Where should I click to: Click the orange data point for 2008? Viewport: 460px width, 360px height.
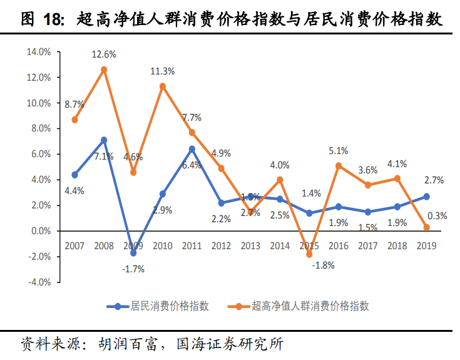click(104, 69)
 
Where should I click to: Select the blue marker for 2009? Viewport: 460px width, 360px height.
click(133, 253)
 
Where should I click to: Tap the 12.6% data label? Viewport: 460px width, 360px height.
click(104, 54)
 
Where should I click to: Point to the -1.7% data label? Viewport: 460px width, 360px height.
click(133, 269)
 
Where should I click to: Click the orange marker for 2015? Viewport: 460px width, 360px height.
click(309, 254)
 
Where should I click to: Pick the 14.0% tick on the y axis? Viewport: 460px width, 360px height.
click(39, 52)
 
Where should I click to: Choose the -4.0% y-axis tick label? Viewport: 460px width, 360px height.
click(39, 282)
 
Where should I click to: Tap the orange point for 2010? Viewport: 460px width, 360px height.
click(163, 86)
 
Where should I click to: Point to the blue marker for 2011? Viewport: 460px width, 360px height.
click(192, 149)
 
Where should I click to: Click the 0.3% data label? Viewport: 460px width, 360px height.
click(437, 215)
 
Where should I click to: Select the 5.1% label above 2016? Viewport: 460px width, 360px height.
click(339, 150)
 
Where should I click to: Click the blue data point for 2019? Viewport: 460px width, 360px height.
click(426, 197)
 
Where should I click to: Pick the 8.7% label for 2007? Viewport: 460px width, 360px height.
click(74, 104)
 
